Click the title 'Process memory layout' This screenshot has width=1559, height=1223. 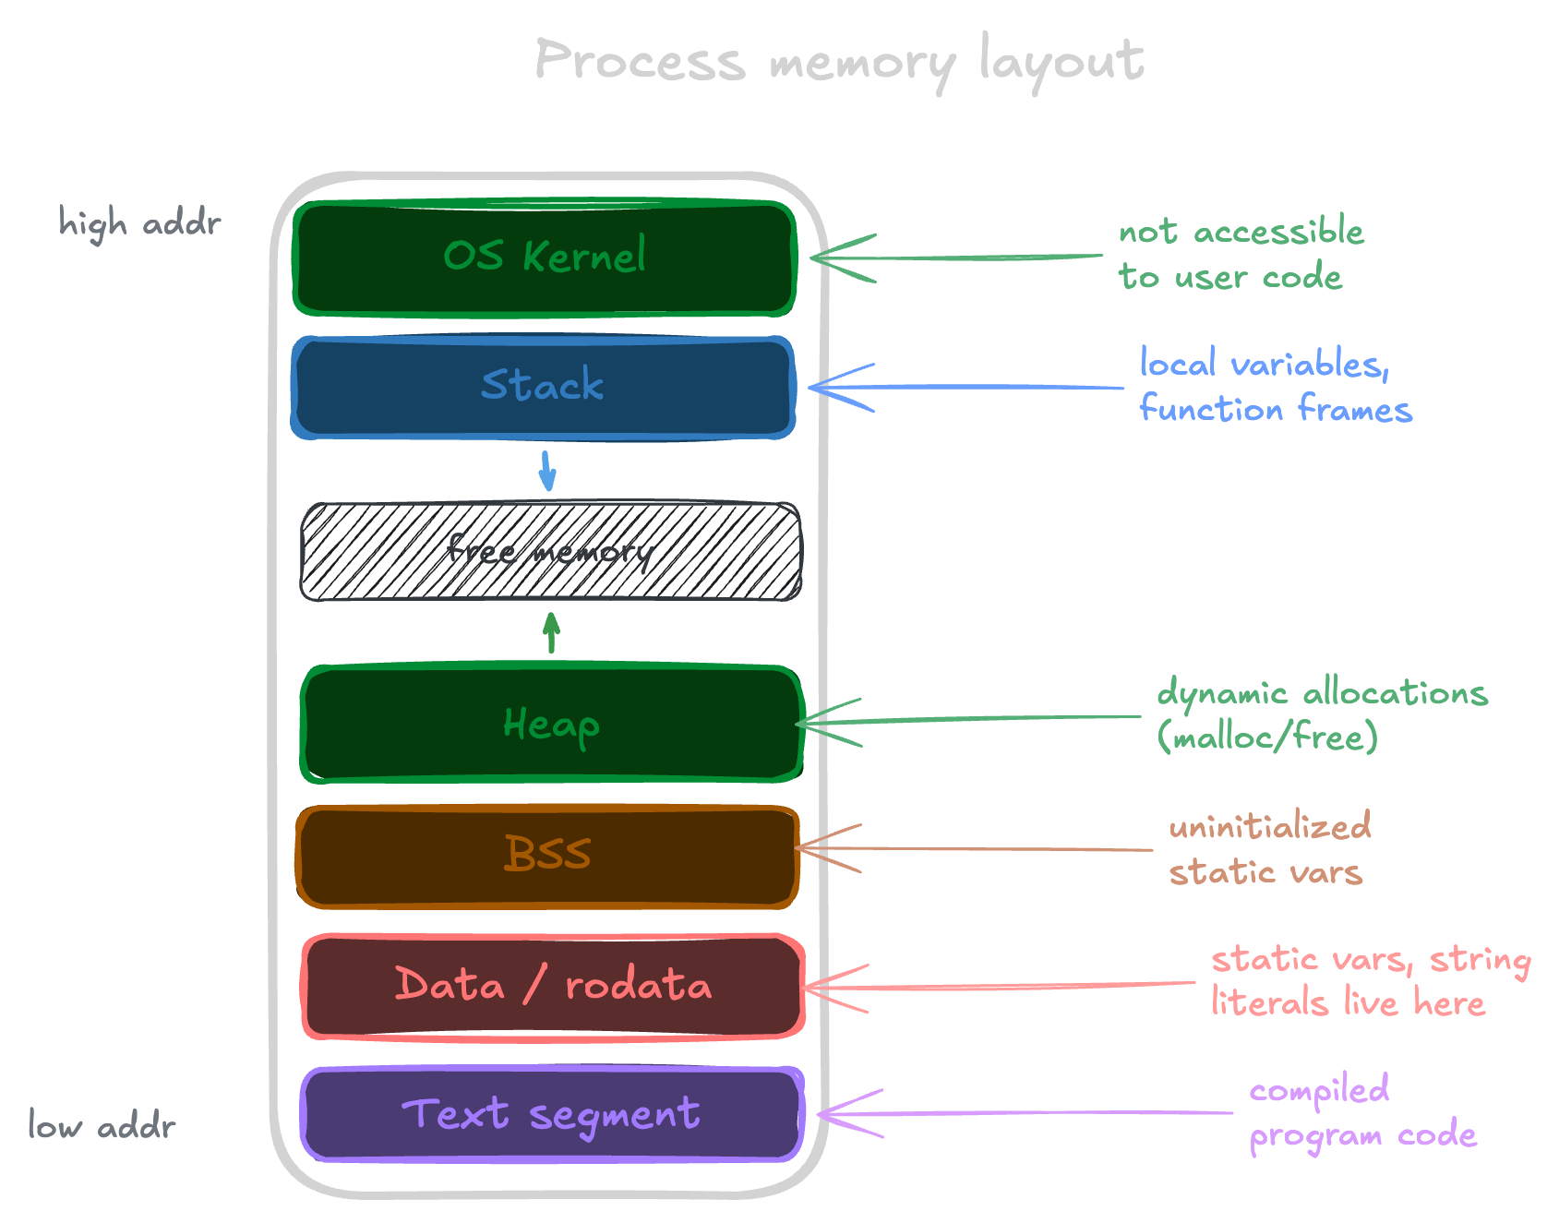point(838,61)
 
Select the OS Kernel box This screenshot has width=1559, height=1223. point(545,258)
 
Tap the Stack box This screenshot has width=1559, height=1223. point(543,386)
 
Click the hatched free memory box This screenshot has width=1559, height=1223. point(550,552)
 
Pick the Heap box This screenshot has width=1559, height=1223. point(551,725)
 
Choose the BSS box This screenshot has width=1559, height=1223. point(547,855)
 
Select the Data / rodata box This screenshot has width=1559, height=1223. point(553,986)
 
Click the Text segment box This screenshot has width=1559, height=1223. point(551,1114)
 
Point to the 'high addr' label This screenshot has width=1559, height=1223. point(139,223)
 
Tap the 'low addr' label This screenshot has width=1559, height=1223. point(102,1126)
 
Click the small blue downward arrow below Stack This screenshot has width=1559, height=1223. point(547,471)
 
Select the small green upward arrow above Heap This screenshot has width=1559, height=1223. point(551,633)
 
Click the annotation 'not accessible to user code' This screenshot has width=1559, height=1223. point(1240,254)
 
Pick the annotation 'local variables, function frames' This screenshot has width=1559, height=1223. point(1274,386)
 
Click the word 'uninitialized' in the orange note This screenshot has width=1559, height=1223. point(1269,826)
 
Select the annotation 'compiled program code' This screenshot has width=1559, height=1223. point(1362,1112)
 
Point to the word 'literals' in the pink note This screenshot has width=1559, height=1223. point(1269,1002)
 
